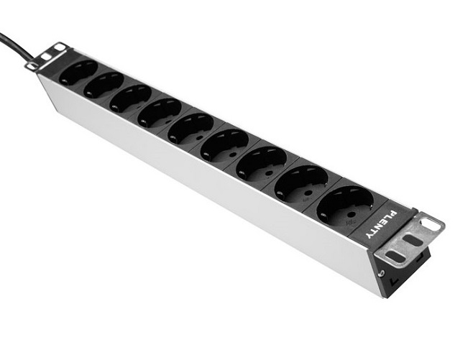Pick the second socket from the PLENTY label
[301, 183]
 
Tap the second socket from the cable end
[104, 85]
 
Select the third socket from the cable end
[131, 98]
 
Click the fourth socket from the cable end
[160, 113]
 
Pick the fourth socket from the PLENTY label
[224, 144]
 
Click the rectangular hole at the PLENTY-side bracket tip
[431, 225]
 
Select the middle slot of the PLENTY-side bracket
[413, 241]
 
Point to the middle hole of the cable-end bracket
[45, 56]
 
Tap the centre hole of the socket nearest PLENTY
[345, 206]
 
